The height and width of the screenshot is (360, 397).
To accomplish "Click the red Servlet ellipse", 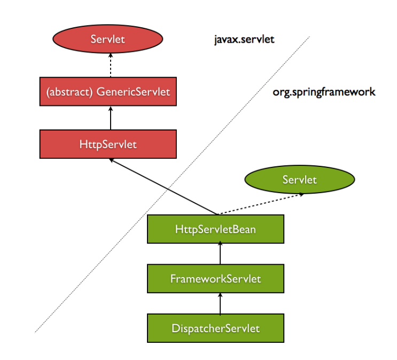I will point(108,39).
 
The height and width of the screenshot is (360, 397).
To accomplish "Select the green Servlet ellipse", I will point(299,180).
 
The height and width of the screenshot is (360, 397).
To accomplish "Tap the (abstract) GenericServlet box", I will point(108,91).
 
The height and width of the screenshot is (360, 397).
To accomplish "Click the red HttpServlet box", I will point(108,144).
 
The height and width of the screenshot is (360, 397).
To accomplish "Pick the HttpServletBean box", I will point(215,229).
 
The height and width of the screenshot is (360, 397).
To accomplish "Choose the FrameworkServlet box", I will point(215,278).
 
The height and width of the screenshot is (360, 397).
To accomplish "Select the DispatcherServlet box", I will point(215,327).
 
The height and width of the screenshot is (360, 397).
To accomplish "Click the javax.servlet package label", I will point(242,40).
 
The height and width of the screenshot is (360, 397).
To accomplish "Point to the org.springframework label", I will point(324,92).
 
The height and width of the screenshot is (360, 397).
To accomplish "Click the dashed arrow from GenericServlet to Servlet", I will point(110,66).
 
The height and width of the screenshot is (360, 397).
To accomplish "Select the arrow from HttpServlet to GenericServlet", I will point(110,118).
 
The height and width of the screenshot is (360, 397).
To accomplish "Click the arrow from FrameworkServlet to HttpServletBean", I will point(220,254).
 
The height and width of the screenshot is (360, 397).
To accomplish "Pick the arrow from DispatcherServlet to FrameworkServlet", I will point(220,303).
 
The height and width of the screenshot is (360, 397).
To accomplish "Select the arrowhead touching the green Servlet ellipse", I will point(302,195).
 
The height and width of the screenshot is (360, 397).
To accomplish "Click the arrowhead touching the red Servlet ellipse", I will point(110,58).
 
